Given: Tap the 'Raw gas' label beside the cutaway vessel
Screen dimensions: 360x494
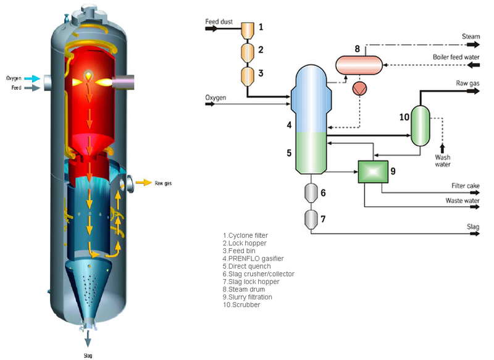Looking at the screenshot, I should pyautogui.click(x=163, y=183).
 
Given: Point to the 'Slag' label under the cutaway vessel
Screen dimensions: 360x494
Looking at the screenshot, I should pyautogui.click(x=88, y=355).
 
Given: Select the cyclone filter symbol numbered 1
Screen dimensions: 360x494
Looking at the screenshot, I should pyautogui.click(x=247, y=30).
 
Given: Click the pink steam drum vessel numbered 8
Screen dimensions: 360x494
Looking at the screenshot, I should pyautogui.click(x=358, y=64).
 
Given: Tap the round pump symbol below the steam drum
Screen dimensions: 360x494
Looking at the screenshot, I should pyautogui.click(x=359, y=88).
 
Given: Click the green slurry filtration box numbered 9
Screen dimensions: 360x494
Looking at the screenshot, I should pyautogui.click(x=372, y=172).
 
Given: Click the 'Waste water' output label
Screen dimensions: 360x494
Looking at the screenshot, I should pyautogui.click(x=462, y=201).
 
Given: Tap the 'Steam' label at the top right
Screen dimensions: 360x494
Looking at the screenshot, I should pyautogui.click(x=471, y=36).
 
